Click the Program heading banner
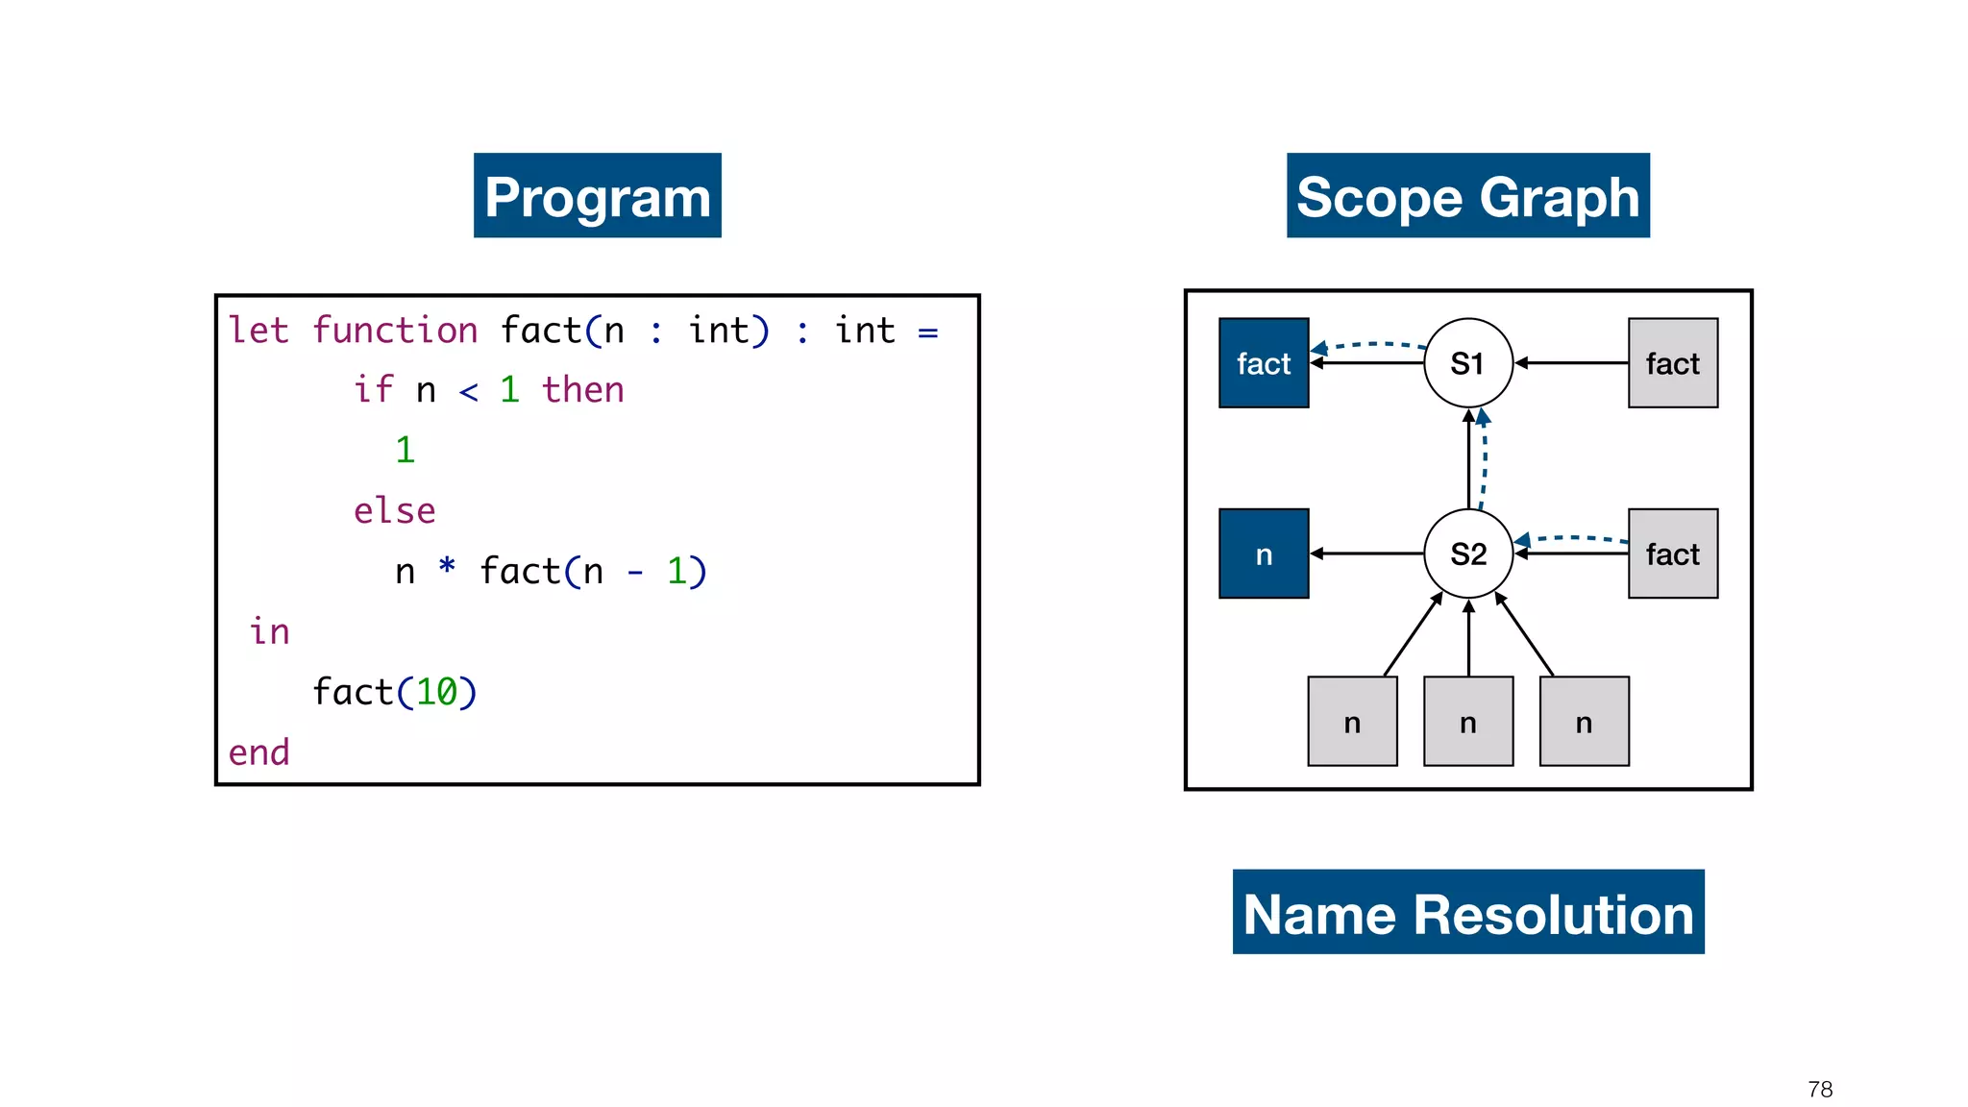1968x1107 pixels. [x=597, y=196]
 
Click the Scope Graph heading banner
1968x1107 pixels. [x=1467, y=196]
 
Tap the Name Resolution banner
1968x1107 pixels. [x=1467, y=912]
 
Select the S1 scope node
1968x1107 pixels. [x=1467, y=363]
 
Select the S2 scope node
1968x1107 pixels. [x=1467, y=553]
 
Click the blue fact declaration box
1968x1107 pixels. [x=1263, y=363]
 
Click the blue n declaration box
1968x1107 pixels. [x=1263, y=553]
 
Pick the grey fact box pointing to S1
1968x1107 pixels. [x=1672, y=363]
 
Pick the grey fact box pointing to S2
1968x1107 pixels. [x=1672, y=553]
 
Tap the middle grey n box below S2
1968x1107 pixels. [x=1467, y=722]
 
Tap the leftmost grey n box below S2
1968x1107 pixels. [x=1352, y=722]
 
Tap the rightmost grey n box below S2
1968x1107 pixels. [x=1584, y=722]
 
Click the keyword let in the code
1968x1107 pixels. [x=258, y=331]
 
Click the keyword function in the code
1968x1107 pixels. [x=394, y=331]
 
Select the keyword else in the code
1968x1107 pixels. [x=394, y=511]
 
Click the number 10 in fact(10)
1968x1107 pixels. [x=436, y=692]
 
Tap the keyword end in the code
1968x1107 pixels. [x=258, y=752]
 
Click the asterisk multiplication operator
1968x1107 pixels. [x=447, y=566]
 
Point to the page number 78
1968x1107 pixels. [x=1819, y=1089]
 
